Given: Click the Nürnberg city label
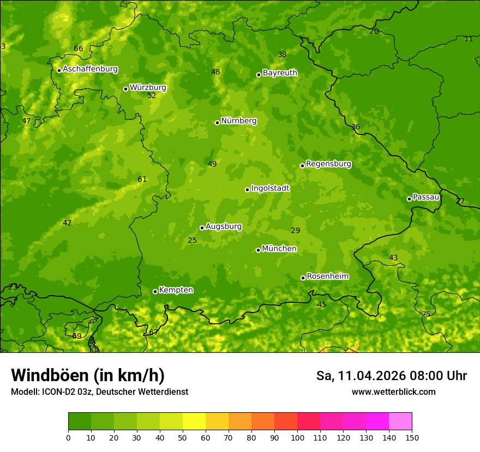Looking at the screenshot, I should (x=238, y=121).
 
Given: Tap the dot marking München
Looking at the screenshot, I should (x=258, y=250).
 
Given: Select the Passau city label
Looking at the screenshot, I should (x=426, y=197).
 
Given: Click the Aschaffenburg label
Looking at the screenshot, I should (x=90, y=69).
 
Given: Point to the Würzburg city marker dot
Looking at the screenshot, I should (x=125, y=89).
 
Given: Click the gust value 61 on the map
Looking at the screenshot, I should (x=142, y=179).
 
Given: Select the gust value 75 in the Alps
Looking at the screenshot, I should (x=426, y=314).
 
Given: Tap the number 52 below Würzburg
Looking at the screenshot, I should (x=152, y=95).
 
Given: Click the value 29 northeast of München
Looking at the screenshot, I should (x=296, y=230).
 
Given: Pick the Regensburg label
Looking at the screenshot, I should (x=328, y=164).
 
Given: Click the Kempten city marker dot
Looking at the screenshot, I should (x=155, y=291).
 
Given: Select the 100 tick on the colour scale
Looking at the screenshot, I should (x=297, y=437).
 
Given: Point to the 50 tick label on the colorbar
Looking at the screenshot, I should (x=183, y=437).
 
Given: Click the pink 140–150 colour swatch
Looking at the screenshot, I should (x=400, y=422).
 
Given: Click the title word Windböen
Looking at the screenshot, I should (x=49, y=375).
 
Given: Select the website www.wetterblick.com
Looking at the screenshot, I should (x=393, y=392).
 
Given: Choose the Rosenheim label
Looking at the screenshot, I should (x=327, y=277).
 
